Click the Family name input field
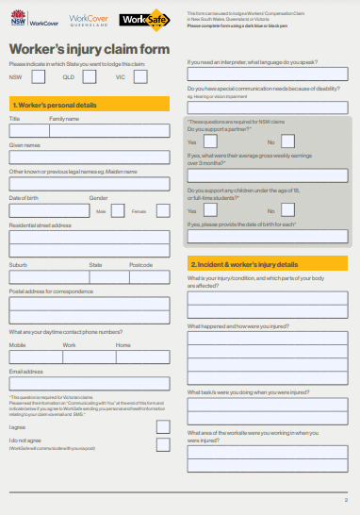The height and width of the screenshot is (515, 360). [x=109, y=131]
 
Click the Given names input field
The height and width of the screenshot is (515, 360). [x=90, y=158]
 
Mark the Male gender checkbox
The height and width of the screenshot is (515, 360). [x=118, y=210]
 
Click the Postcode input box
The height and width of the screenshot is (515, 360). [x=150, y=277]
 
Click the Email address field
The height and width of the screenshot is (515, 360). [x=90, y=384]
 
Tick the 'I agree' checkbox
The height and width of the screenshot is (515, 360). [x=163, y=426]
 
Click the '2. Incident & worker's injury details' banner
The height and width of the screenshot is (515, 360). [x=268, y=264]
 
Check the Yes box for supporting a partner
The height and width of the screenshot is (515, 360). [x=210, y=141]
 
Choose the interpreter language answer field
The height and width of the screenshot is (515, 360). [x=268, y=74]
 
